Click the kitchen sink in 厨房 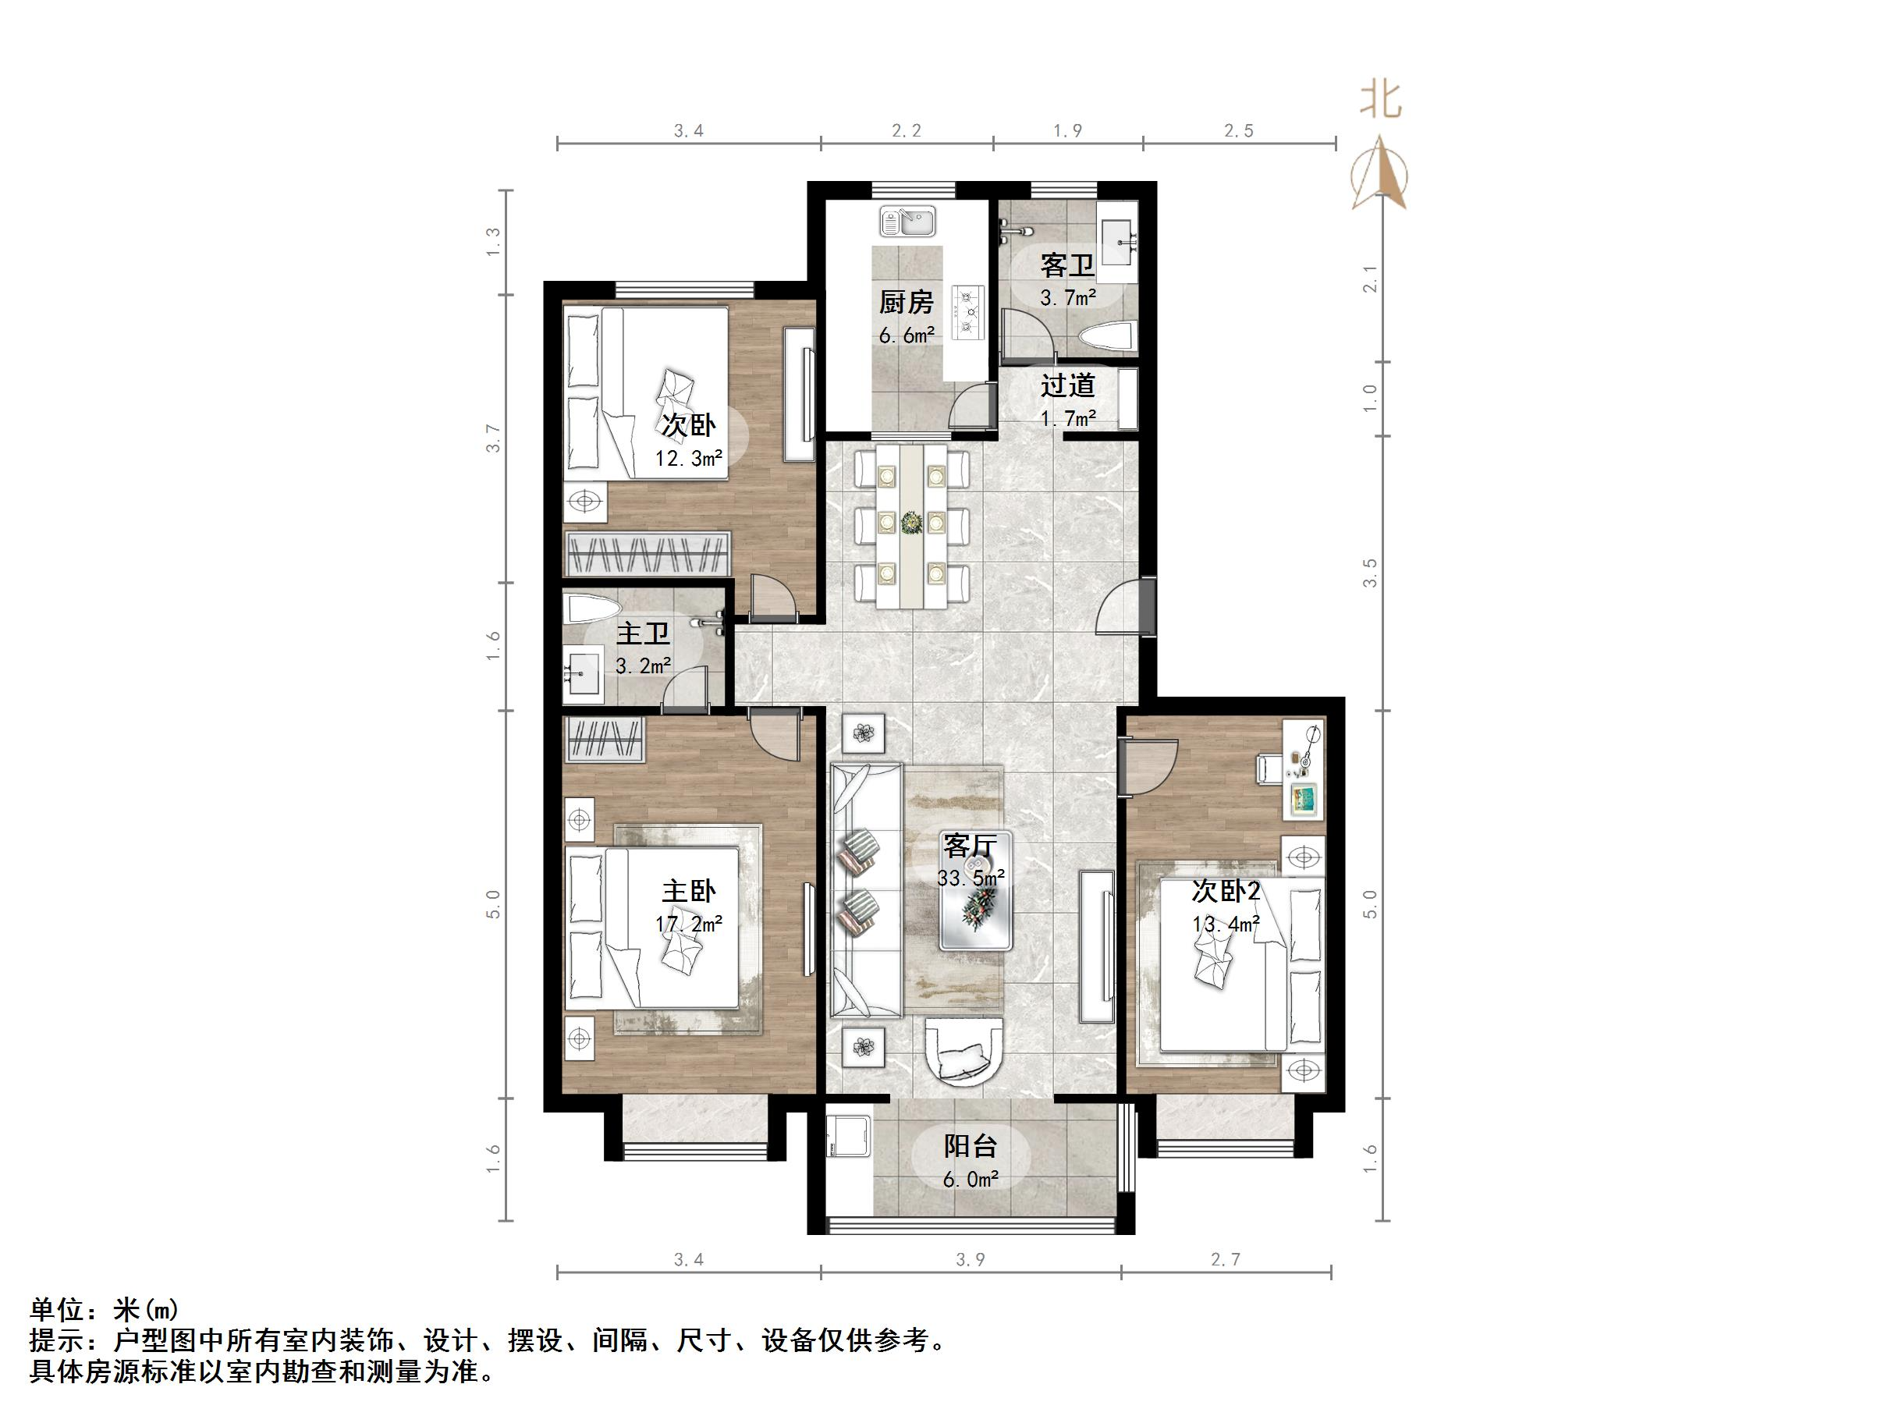[908, 222]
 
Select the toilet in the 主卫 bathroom [592, 608]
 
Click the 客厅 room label [970, 845]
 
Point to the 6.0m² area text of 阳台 [971, 1180]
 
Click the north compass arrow [1379, 172]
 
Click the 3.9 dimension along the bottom [971, 1259]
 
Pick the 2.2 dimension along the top [907, 130]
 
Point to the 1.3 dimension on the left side [492, 243]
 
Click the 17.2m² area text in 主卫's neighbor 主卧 [689, 924]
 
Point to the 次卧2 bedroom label [1226, 892]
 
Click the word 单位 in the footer [58, 1309]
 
